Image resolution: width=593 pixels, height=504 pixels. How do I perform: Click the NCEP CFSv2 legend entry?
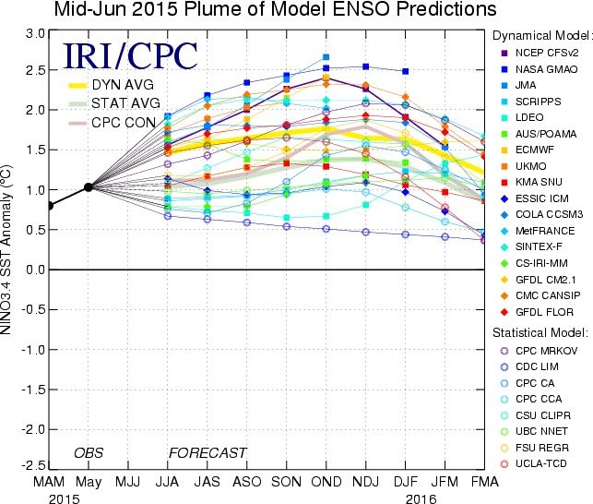click(x=540, y=53)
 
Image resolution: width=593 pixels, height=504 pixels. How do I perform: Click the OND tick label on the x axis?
click(x=326, y=482)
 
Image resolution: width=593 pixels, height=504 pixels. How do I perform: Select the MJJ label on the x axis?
click(x=127, y=482)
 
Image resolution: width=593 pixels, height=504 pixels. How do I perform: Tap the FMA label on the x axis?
click(x=485, y=482)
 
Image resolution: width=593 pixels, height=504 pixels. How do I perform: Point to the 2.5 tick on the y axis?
click(x=35, y=70)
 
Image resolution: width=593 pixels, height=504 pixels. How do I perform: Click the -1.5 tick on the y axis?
click(x=33, y=390)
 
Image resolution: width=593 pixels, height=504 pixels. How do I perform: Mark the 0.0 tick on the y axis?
click(x=35, y=270)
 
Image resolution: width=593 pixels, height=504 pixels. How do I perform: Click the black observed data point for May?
click(x=89, y=187)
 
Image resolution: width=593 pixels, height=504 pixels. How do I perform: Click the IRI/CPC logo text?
click(x=130, y=56)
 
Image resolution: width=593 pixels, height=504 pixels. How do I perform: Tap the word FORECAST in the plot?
click(x=208, y=453)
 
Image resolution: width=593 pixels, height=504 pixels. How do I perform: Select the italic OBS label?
click(x=89, y=453)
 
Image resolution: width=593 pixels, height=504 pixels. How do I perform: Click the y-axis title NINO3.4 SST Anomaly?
click(x=6, y=249)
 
